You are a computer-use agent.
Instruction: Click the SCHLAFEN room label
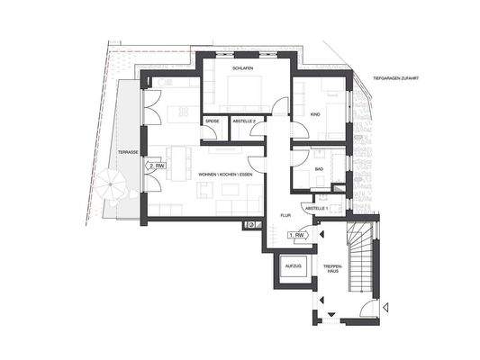tap(240, 67)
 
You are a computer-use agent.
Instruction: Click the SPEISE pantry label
tap(213, 121)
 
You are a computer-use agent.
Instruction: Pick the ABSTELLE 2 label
tap(245, 121)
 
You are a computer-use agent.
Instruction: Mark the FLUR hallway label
tap(285, 216)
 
